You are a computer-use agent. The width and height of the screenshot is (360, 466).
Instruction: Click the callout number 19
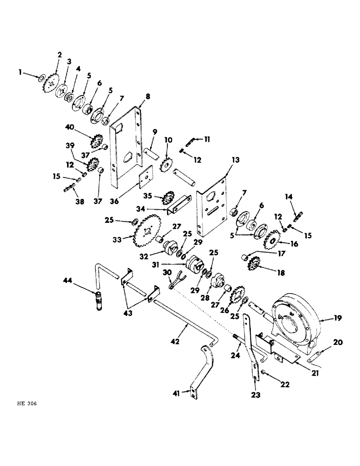pyautogui.click(x=338, y=319)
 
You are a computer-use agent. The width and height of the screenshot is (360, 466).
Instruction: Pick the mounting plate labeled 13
pyautogui.click(x=213, y=205)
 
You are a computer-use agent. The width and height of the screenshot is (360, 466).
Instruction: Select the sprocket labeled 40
pyautogui.click(x=95, y=140)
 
